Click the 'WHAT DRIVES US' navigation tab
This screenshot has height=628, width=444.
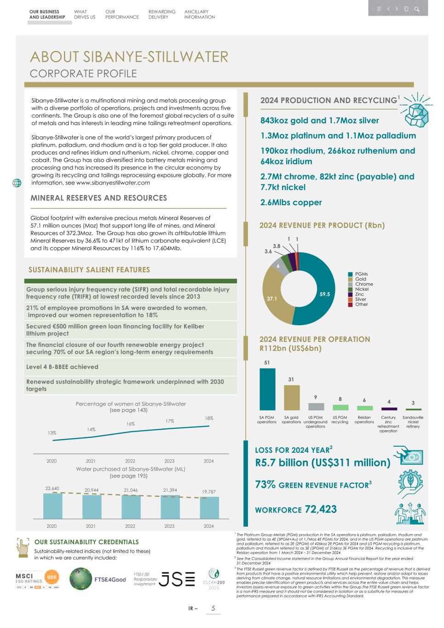pyautogui.click(x=84, y=14)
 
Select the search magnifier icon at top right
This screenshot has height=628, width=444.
pyautogui.click(x=416, y=9)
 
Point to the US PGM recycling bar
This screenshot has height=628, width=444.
pyautogui.click(x=340, y=408)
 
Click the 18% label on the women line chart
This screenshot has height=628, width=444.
pyautogui.click(x=209, y=418)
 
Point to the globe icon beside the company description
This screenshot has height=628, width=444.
pyautogui.click(x=17, y=183)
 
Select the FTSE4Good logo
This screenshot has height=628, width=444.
pyautogui.click(x=98, y=579)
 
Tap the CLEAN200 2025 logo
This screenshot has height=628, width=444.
pyautogui.click(x=213, y=579)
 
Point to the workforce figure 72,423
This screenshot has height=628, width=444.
pyautogui.click(x=321, y=509)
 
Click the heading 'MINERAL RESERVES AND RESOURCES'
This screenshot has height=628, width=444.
pyautogui.click(x=98, y=198)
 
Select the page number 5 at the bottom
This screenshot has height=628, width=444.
pyautogui.click(x=213, y=609)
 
